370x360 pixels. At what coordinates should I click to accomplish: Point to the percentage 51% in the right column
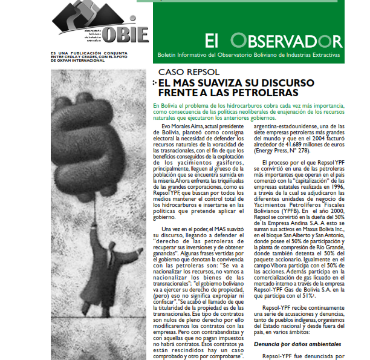318,298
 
